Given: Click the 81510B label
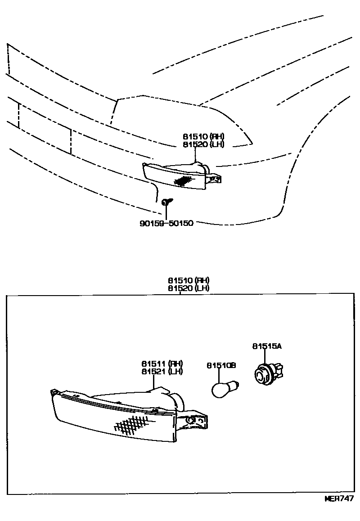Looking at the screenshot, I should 221,366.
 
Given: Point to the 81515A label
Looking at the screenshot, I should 267,346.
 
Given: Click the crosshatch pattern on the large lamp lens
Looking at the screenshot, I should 131,423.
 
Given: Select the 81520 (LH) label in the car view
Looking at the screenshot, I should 203,144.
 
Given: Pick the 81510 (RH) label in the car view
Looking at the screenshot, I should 203,137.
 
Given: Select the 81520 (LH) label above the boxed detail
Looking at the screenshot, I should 189,288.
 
